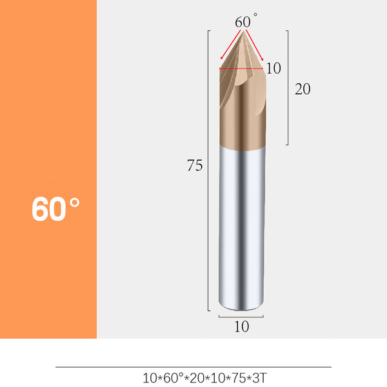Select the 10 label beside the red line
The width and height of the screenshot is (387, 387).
click(273, 68)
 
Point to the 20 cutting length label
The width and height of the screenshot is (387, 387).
click(303, 89)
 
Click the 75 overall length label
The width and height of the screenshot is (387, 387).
click(195, 166)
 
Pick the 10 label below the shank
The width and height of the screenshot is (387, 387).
click(241, 327)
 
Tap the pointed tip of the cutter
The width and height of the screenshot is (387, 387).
click(242, 33)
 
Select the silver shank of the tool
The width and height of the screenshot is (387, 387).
click(241, 226)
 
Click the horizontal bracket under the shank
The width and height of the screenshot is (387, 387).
click(241, 317)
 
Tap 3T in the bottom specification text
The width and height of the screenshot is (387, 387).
click(258, 377)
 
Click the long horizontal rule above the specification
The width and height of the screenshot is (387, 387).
click(193, 367)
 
